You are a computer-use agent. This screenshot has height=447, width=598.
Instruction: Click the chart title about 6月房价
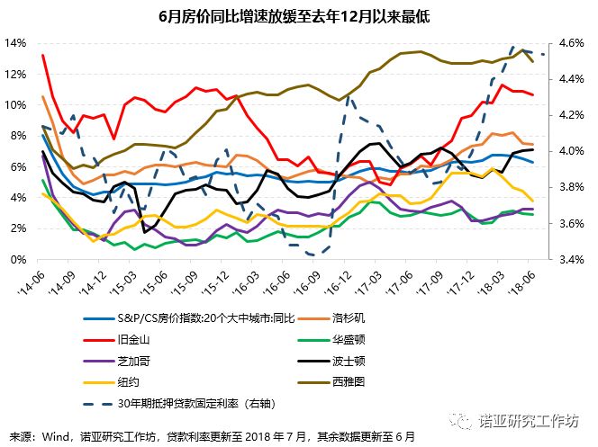click(x=299, y=16)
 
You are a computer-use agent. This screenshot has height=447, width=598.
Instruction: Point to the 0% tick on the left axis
click(x=17, y=260)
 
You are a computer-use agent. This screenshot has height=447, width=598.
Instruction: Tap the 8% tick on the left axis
click(x=17, y=136)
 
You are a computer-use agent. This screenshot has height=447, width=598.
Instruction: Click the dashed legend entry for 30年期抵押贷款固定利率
click(x=189, y=405)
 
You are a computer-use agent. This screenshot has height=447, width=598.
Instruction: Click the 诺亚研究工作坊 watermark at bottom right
click(x=531, y=420)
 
